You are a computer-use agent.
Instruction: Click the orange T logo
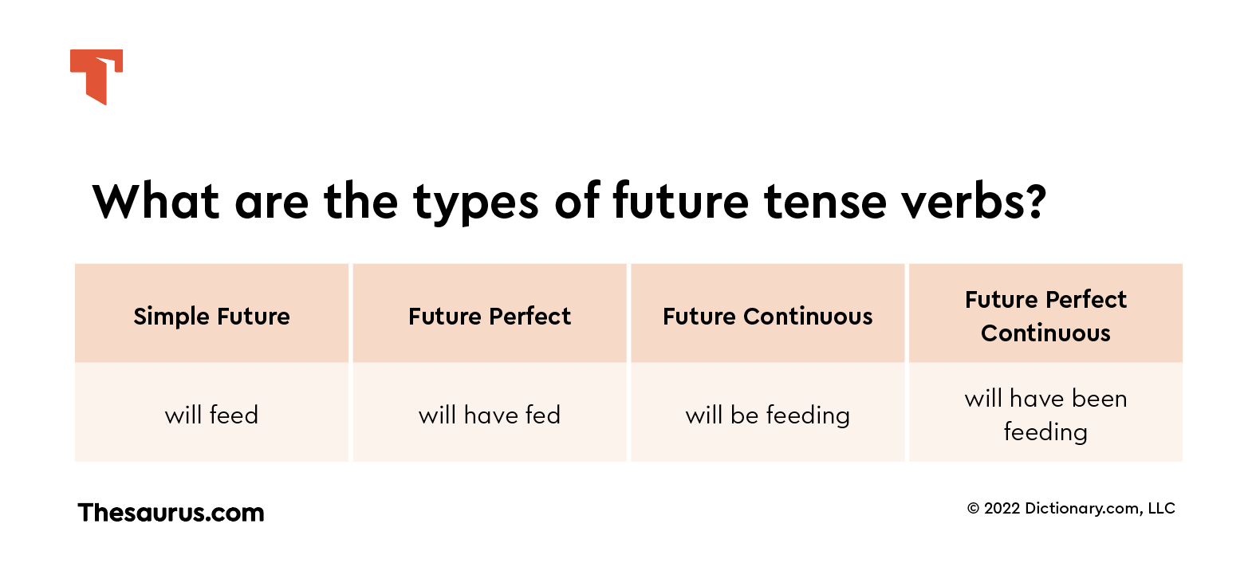coord(96,76)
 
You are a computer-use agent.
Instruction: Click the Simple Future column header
coord(211,316)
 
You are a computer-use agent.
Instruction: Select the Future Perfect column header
coord(490,316)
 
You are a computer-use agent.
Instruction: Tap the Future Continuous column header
coord(767,316)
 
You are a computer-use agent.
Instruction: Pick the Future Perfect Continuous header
coord(1045,316)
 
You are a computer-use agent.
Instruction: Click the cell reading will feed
coord(211,415)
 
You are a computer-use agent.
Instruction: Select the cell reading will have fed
coord(490,415)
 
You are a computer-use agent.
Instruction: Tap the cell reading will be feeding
coord(767,415)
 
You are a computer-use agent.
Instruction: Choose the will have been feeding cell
coord(1045,415)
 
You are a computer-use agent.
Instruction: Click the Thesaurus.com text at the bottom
coord(171,512)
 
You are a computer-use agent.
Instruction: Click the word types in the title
coord(476,203)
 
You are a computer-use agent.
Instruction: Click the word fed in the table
coord(542,415)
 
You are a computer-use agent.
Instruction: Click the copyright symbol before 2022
coord(973,509)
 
